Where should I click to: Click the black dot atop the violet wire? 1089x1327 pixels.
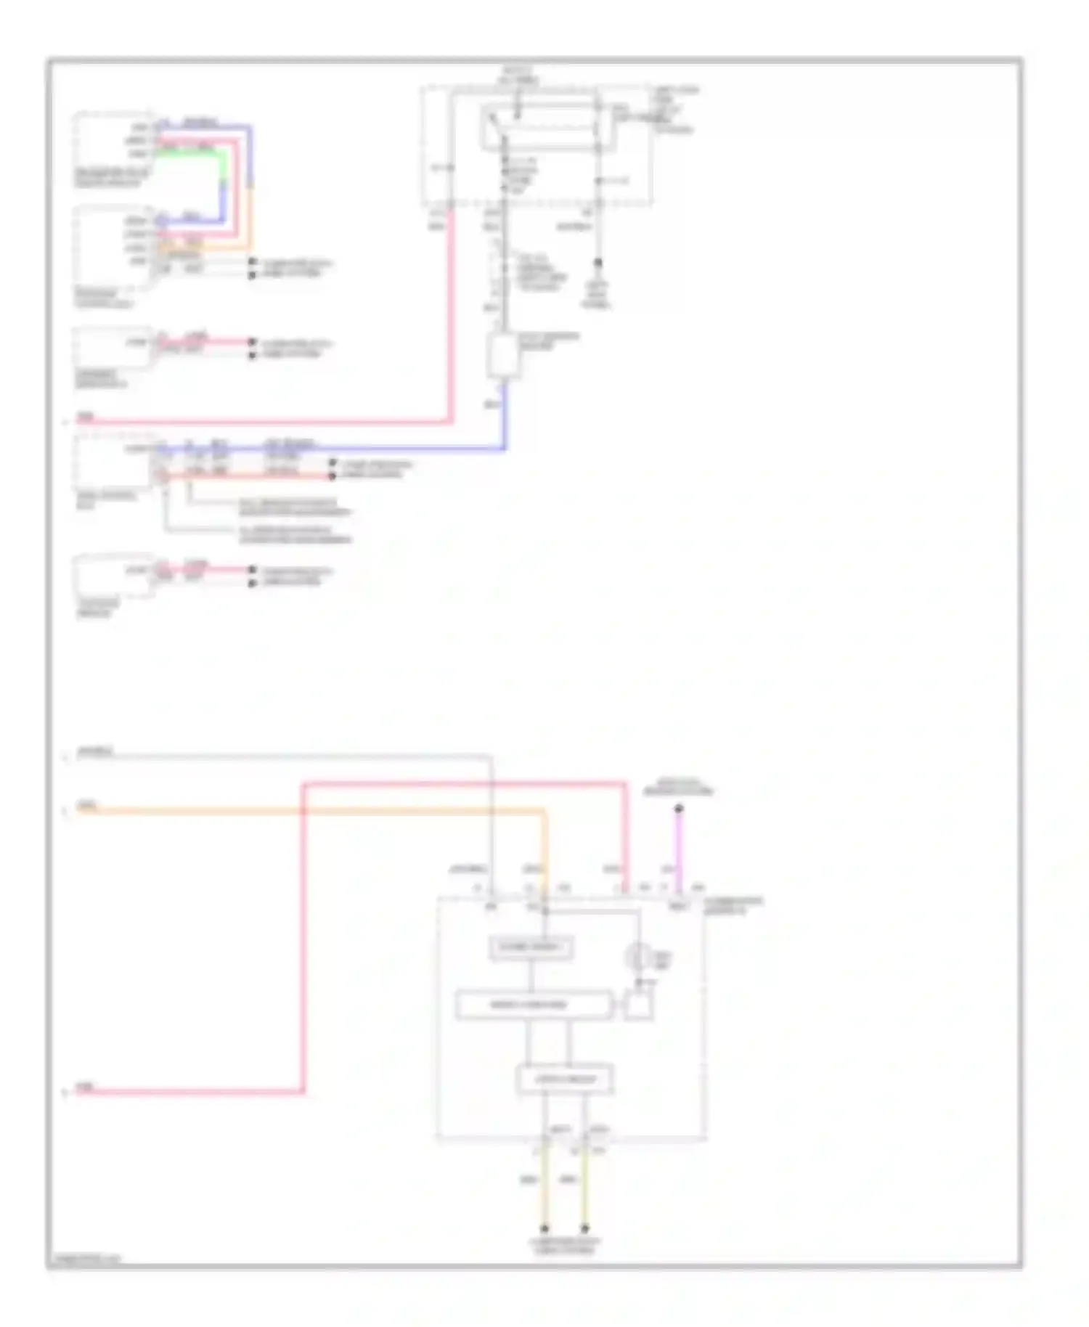point(679,808)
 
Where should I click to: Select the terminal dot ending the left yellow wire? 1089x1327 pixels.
point(544,1228)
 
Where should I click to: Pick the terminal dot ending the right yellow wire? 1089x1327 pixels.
point(585,1228)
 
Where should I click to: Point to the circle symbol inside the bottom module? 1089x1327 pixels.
point(637,956)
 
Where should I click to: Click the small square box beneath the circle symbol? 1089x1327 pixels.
point(638,1005)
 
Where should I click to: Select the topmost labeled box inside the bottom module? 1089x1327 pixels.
point(531,947)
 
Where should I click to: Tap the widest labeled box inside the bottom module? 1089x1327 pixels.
point(534,1005)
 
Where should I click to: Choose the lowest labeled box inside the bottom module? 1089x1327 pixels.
point(565,1079)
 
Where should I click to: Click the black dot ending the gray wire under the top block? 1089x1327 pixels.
point(598,263)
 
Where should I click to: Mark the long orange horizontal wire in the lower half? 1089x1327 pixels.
point(312,811)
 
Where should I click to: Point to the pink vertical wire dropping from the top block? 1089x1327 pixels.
point(451,312)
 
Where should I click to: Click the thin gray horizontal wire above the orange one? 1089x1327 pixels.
point(290,756)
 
